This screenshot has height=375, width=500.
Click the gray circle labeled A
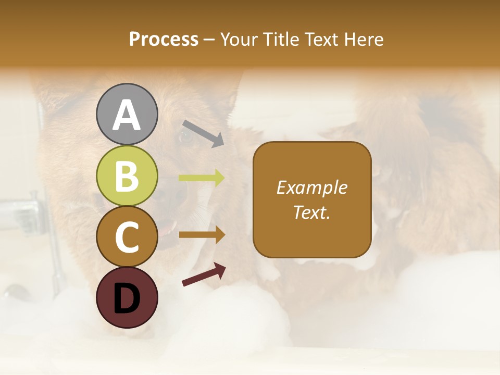(127, 114)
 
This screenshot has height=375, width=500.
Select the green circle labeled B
(127, 176)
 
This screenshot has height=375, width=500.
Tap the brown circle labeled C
(127, 237)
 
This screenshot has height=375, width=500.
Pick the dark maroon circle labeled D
(127, 297)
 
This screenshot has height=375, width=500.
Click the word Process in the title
(164, 40)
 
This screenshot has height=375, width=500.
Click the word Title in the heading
(282, 40)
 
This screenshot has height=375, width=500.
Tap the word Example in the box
(311, 187)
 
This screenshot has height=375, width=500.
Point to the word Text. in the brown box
(311, 212)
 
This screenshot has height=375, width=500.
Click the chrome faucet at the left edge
(21, 211)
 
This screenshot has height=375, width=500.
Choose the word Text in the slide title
(321, 40)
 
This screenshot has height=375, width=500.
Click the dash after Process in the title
(209, 40)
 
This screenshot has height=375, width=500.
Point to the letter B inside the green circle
(127, 176)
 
